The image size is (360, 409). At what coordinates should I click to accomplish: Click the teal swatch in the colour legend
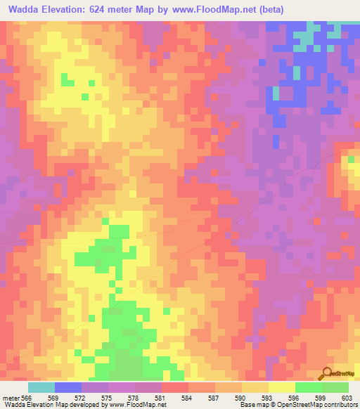41,387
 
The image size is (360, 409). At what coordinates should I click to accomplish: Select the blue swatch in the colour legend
68,387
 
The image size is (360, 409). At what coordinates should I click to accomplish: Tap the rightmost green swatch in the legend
335,387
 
